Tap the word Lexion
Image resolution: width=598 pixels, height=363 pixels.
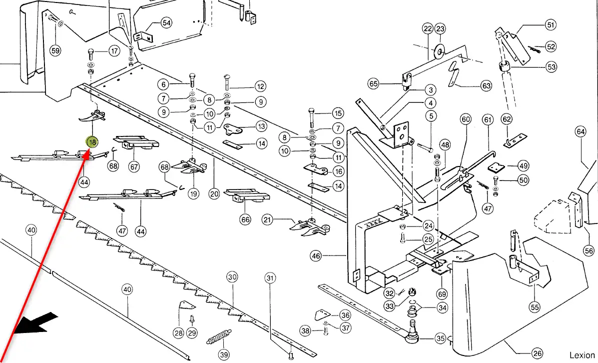[582, 355]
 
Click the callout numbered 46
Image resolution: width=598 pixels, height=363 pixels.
[316, 256]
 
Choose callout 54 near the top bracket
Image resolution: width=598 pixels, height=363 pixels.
[166, 23]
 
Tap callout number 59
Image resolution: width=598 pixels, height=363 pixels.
[55, 50]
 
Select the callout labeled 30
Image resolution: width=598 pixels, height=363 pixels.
[232, 277]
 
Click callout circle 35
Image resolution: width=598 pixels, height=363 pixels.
[440, 338]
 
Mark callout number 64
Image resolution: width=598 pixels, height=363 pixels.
[580, 132]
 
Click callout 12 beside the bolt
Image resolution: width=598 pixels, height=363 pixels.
[260, 86]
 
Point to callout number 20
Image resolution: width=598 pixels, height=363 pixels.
[214, 194]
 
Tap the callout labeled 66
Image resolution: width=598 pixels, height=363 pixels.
[245, 219]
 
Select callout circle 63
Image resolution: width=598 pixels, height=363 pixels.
[486, 86]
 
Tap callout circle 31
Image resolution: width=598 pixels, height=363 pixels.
[270, 277]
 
